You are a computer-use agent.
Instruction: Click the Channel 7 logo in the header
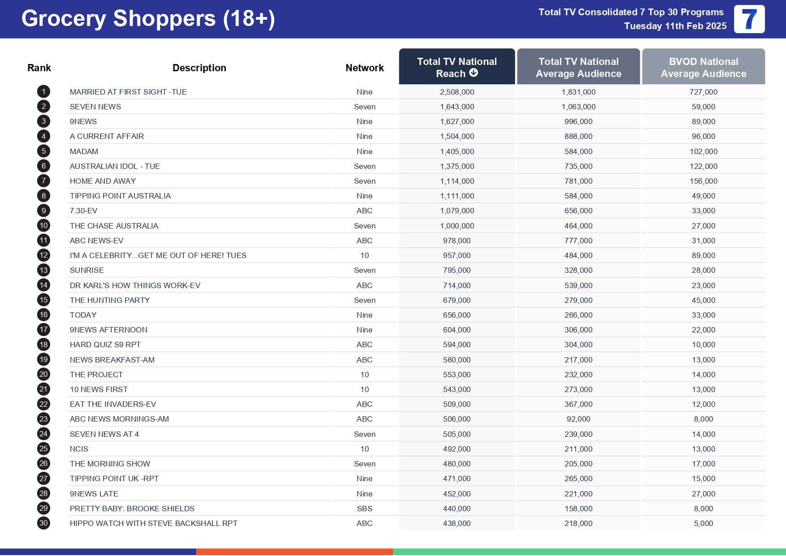pos(749,19)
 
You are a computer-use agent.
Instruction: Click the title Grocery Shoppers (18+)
pos(148,19)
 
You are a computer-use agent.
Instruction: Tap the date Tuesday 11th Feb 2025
pos(675,26)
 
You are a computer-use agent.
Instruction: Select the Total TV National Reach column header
pos(457,67)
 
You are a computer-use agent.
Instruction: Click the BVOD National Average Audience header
pos(703,67)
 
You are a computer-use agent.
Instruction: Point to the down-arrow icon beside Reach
pos(473,73)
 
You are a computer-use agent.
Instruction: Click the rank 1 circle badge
pos(43,92)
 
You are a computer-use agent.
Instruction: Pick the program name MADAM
pos(84,151)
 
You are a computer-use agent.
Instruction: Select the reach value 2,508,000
pos(457,92)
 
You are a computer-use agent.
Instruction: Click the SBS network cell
pos(364,509)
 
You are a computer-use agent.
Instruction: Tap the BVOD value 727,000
pos(703,92)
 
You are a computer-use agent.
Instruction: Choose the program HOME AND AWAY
pos(103,181)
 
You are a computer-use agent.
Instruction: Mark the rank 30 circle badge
pos(43,523)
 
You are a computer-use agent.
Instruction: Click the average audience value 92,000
pos(578,419)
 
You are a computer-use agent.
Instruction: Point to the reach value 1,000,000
pos(457,226)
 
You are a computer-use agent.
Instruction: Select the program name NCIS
pos(79,449)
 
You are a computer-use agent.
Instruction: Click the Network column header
pos(364,68)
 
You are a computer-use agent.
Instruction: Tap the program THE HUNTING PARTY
pos(109,300)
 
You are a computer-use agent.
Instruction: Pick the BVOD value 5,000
pos(703,523)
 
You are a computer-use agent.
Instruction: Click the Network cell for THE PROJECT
pos(364,375)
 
